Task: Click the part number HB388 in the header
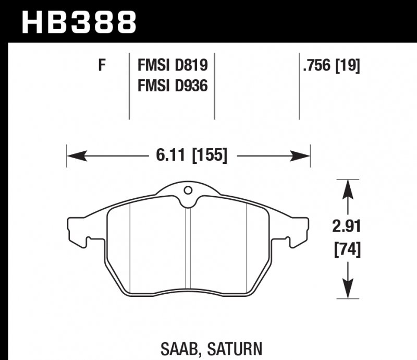(x=79, y=22)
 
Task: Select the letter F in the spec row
(x=102, y=66)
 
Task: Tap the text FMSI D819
(x=173, y=66)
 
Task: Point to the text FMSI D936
(x=173, y=85)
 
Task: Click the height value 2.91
(x=347, y=227)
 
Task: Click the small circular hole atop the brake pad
(x=189, y=190)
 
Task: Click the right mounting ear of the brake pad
(x=300, y=230)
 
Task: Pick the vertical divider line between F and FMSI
(x=129, y=86)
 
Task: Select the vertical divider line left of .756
(x=299, y=86)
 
